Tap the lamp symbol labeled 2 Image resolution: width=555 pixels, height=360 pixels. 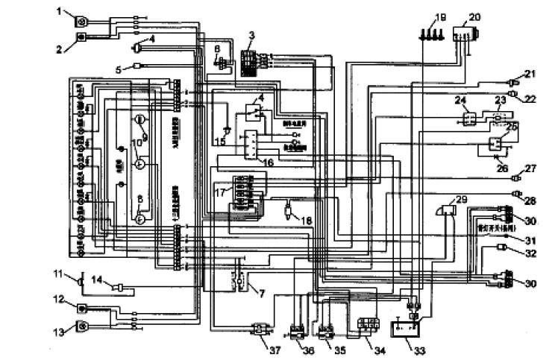(81, 36)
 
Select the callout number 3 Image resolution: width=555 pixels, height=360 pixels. (251, 36)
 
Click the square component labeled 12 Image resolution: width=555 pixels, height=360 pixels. (82, 308)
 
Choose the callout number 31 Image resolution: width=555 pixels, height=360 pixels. (531, 240)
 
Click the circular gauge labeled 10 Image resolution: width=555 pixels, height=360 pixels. (139, 162)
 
